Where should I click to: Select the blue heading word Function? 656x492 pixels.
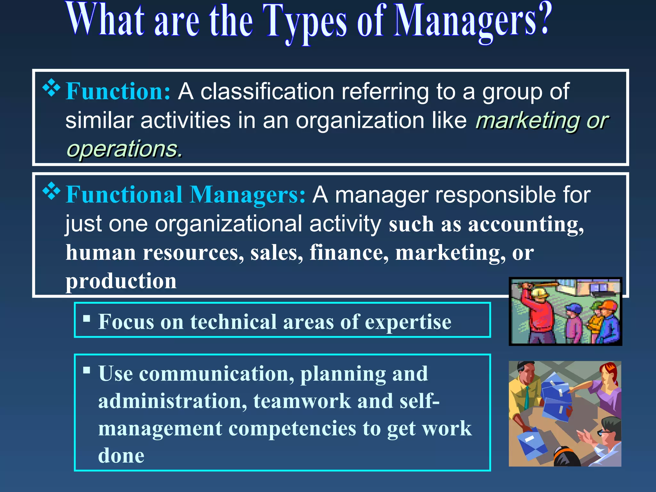click(x=118, y=92)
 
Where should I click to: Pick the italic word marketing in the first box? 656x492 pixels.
click(x=527, y=121)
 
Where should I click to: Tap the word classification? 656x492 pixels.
click(x=267, y=92)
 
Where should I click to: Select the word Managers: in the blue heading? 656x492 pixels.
click(x=248, y=195)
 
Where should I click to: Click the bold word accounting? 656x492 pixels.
click(x=526, y=224)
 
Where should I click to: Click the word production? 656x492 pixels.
click(x=121, y=281)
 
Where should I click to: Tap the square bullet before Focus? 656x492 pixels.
click(x=86, y=318)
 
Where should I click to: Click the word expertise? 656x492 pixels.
click(x=408, y=322)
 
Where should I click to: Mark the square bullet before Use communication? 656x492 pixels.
click(x=86, y=371)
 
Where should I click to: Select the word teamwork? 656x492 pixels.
click(x=302, y=401)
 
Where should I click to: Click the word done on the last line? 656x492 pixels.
click(x=121, y=455)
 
